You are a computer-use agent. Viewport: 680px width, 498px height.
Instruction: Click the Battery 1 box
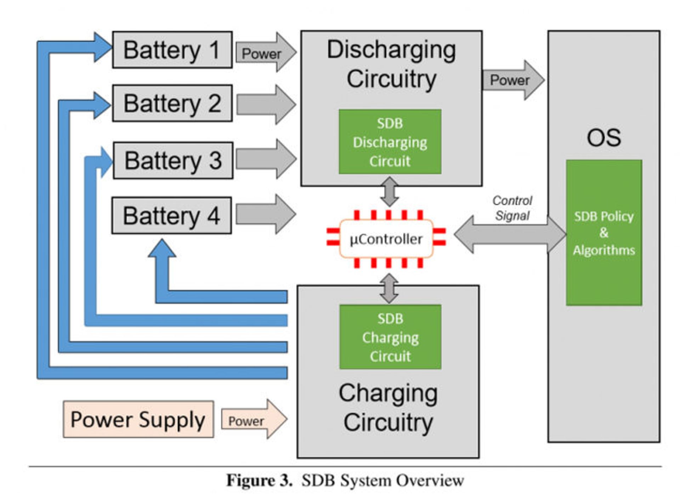coord(172,50)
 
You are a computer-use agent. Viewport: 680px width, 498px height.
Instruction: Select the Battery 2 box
coord(172,103)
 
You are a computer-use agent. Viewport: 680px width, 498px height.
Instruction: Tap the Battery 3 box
coord(173,161)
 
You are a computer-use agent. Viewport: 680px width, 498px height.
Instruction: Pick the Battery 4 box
coord(171,216)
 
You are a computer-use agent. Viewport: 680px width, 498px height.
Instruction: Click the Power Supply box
coord(138,419)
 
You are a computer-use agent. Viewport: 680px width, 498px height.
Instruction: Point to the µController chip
coord(386,239)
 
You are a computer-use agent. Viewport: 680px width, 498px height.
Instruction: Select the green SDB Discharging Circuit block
coord(390,142)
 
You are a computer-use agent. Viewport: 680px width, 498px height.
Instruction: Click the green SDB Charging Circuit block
coord(390,337)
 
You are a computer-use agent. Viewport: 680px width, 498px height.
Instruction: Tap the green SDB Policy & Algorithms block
coord(604,233)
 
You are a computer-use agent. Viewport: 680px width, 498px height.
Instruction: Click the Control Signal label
coord(512,208)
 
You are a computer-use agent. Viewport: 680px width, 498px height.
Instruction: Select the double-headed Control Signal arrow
coord(510,234)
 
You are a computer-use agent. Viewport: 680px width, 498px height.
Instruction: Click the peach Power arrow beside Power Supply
coord(254,419)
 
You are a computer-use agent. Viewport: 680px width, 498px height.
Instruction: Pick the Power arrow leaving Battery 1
coord(266,53)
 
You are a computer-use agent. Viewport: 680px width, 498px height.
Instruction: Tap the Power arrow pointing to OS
coord(513,80)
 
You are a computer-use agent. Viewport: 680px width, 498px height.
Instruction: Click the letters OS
coord(604,138)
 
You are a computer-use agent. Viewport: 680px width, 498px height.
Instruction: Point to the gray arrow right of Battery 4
coord(266,214)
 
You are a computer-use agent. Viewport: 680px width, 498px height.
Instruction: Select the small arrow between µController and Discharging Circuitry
coord(390,192)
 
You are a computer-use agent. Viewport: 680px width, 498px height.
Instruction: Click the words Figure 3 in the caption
coord(259,481)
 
